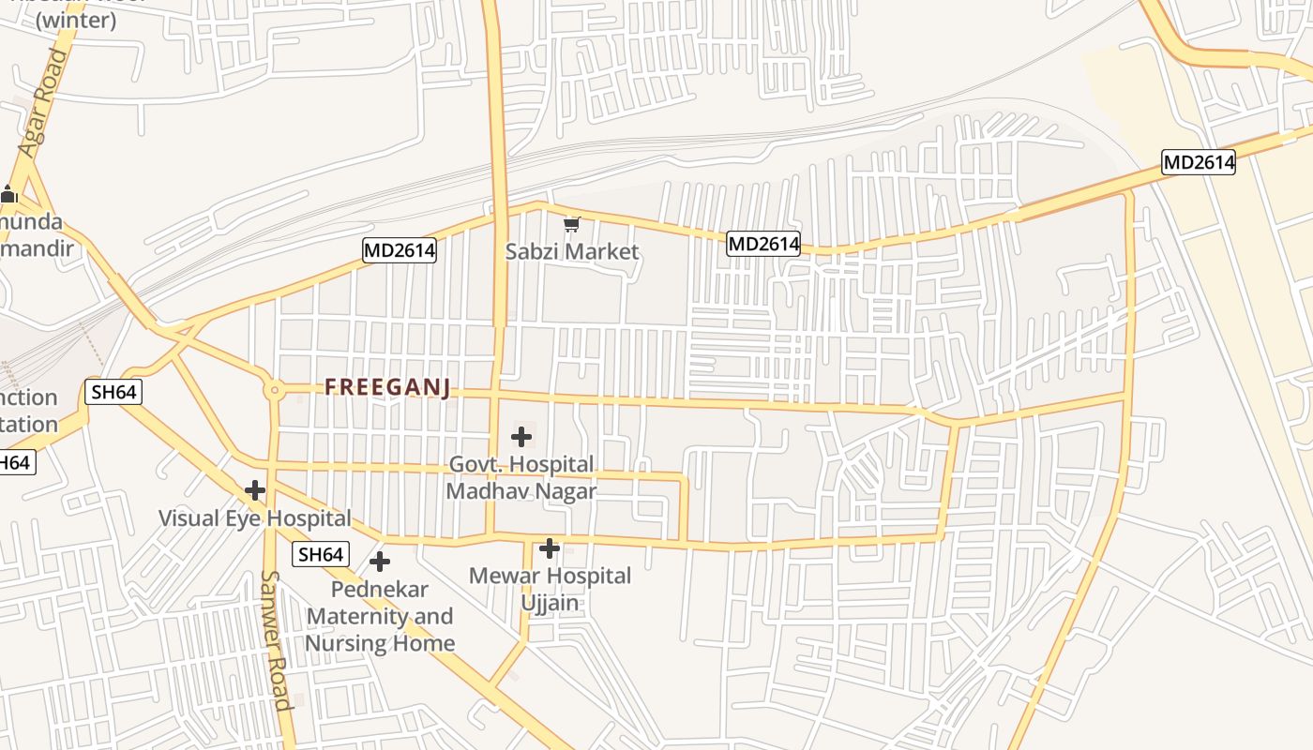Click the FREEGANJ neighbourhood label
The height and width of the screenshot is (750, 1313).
(388, 387)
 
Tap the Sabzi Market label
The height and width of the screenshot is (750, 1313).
(572, 251)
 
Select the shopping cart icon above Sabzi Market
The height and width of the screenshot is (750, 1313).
(572, 225)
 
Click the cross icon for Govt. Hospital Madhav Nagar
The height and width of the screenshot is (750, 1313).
(521, 436)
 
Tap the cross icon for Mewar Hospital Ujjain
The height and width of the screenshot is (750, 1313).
(551, 548)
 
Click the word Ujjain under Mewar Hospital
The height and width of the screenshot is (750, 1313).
(551, 602)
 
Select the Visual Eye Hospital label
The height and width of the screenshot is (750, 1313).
(254, 518)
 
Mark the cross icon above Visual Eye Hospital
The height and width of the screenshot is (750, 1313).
(254, 490)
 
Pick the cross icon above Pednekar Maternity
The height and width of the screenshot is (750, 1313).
(380, 562)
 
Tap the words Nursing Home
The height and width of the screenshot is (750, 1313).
(380, 643)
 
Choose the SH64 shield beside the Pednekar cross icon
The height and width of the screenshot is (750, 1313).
(321, 554)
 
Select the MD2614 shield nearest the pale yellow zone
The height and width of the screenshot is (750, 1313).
(1199, 162)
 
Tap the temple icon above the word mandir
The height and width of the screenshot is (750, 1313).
(9, 195)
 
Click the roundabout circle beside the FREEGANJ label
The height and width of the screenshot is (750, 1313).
(274, 390)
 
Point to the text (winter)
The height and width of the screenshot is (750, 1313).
(76, 21)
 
